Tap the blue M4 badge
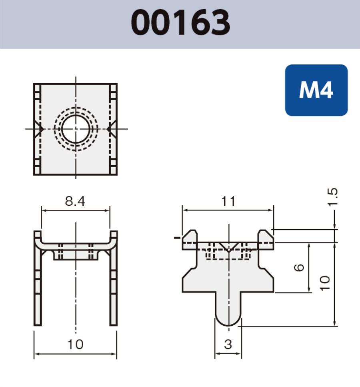click(316, 90)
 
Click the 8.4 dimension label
click(75, 201)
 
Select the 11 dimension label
click(228, 201)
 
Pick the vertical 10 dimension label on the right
click(325, 283)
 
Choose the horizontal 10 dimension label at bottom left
click(75, 344)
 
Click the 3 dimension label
click(228, 344)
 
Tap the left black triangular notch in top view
click(40, 129)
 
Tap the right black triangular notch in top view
click(110, 129)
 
